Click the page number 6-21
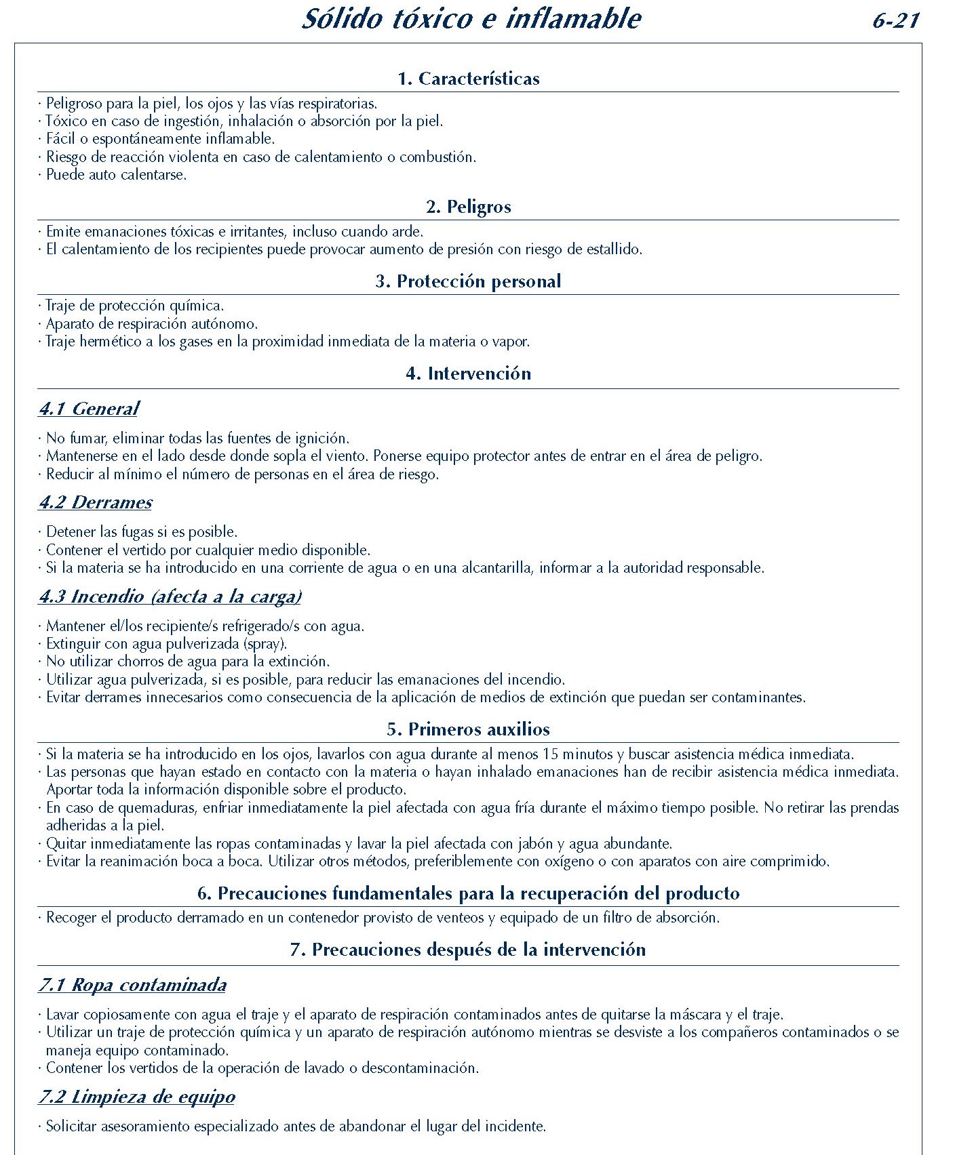coord(895,20)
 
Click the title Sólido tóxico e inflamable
coord(471,19)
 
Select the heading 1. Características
coord(469,79)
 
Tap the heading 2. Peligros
coord(469,207)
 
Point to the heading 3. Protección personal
coord(469,281)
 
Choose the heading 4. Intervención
coord(469,373)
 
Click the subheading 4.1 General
coord(89,409)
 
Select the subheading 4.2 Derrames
coord(96,502)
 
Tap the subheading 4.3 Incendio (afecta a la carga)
coord(170,596)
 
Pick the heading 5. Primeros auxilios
coord(469,729)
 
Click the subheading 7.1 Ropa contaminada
coord(132,985)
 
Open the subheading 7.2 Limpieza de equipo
coord(137,1097)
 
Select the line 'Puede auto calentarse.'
coord(116,175)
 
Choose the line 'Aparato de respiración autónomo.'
coord(152,324)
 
